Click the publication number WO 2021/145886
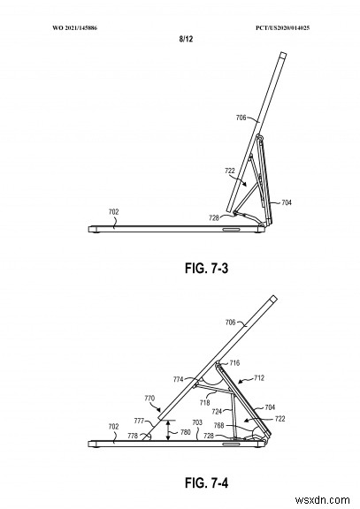pos(74,28)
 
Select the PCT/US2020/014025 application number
pos(282,28)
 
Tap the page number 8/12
pos(186,39)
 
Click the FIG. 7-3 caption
pos(207,268)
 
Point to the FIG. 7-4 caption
pos(207,482)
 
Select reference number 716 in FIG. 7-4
pos(234,362)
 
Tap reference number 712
pos(259,378)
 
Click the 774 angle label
pos(179,379)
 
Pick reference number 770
pos(149,398)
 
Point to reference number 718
pos(204,403)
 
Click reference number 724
pos(217,411)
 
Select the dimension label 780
pos(185,432)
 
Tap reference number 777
pos(139,422)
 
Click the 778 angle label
pos(133,436)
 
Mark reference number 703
pos(197,422)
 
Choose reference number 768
pos(219,425)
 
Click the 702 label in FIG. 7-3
pos(114,212)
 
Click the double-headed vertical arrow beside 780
pos(168,430)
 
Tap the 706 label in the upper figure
pos(241,118)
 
